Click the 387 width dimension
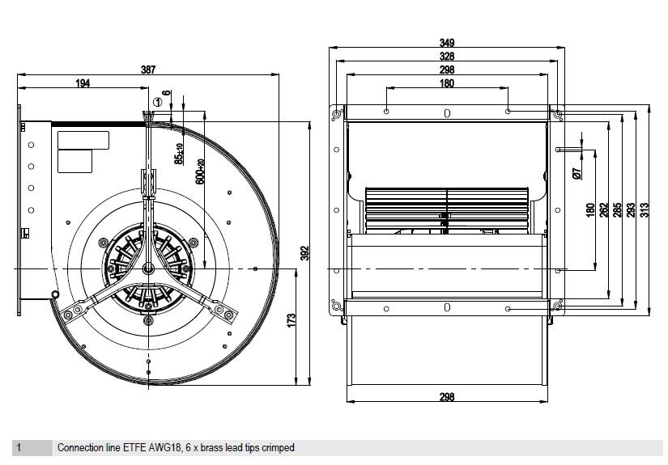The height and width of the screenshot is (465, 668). tap(148, 70)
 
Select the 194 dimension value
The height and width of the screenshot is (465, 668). tap(83, 83)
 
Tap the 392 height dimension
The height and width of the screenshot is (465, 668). tap(305, 253)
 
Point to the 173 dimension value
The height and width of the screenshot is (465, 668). tap(291, 320)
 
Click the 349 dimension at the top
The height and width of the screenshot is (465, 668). tap(447, 43)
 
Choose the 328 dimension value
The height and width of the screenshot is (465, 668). tap(447, 56)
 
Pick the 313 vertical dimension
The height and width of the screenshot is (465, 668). tap(645, 210)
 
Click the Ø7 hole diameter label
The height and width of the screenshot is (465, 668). tap(577, 173)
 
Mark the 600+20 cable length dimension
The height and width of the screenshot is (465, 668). tap(200, 172)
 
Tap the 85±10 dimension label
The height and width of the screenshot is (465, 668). tap(180, 154)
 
